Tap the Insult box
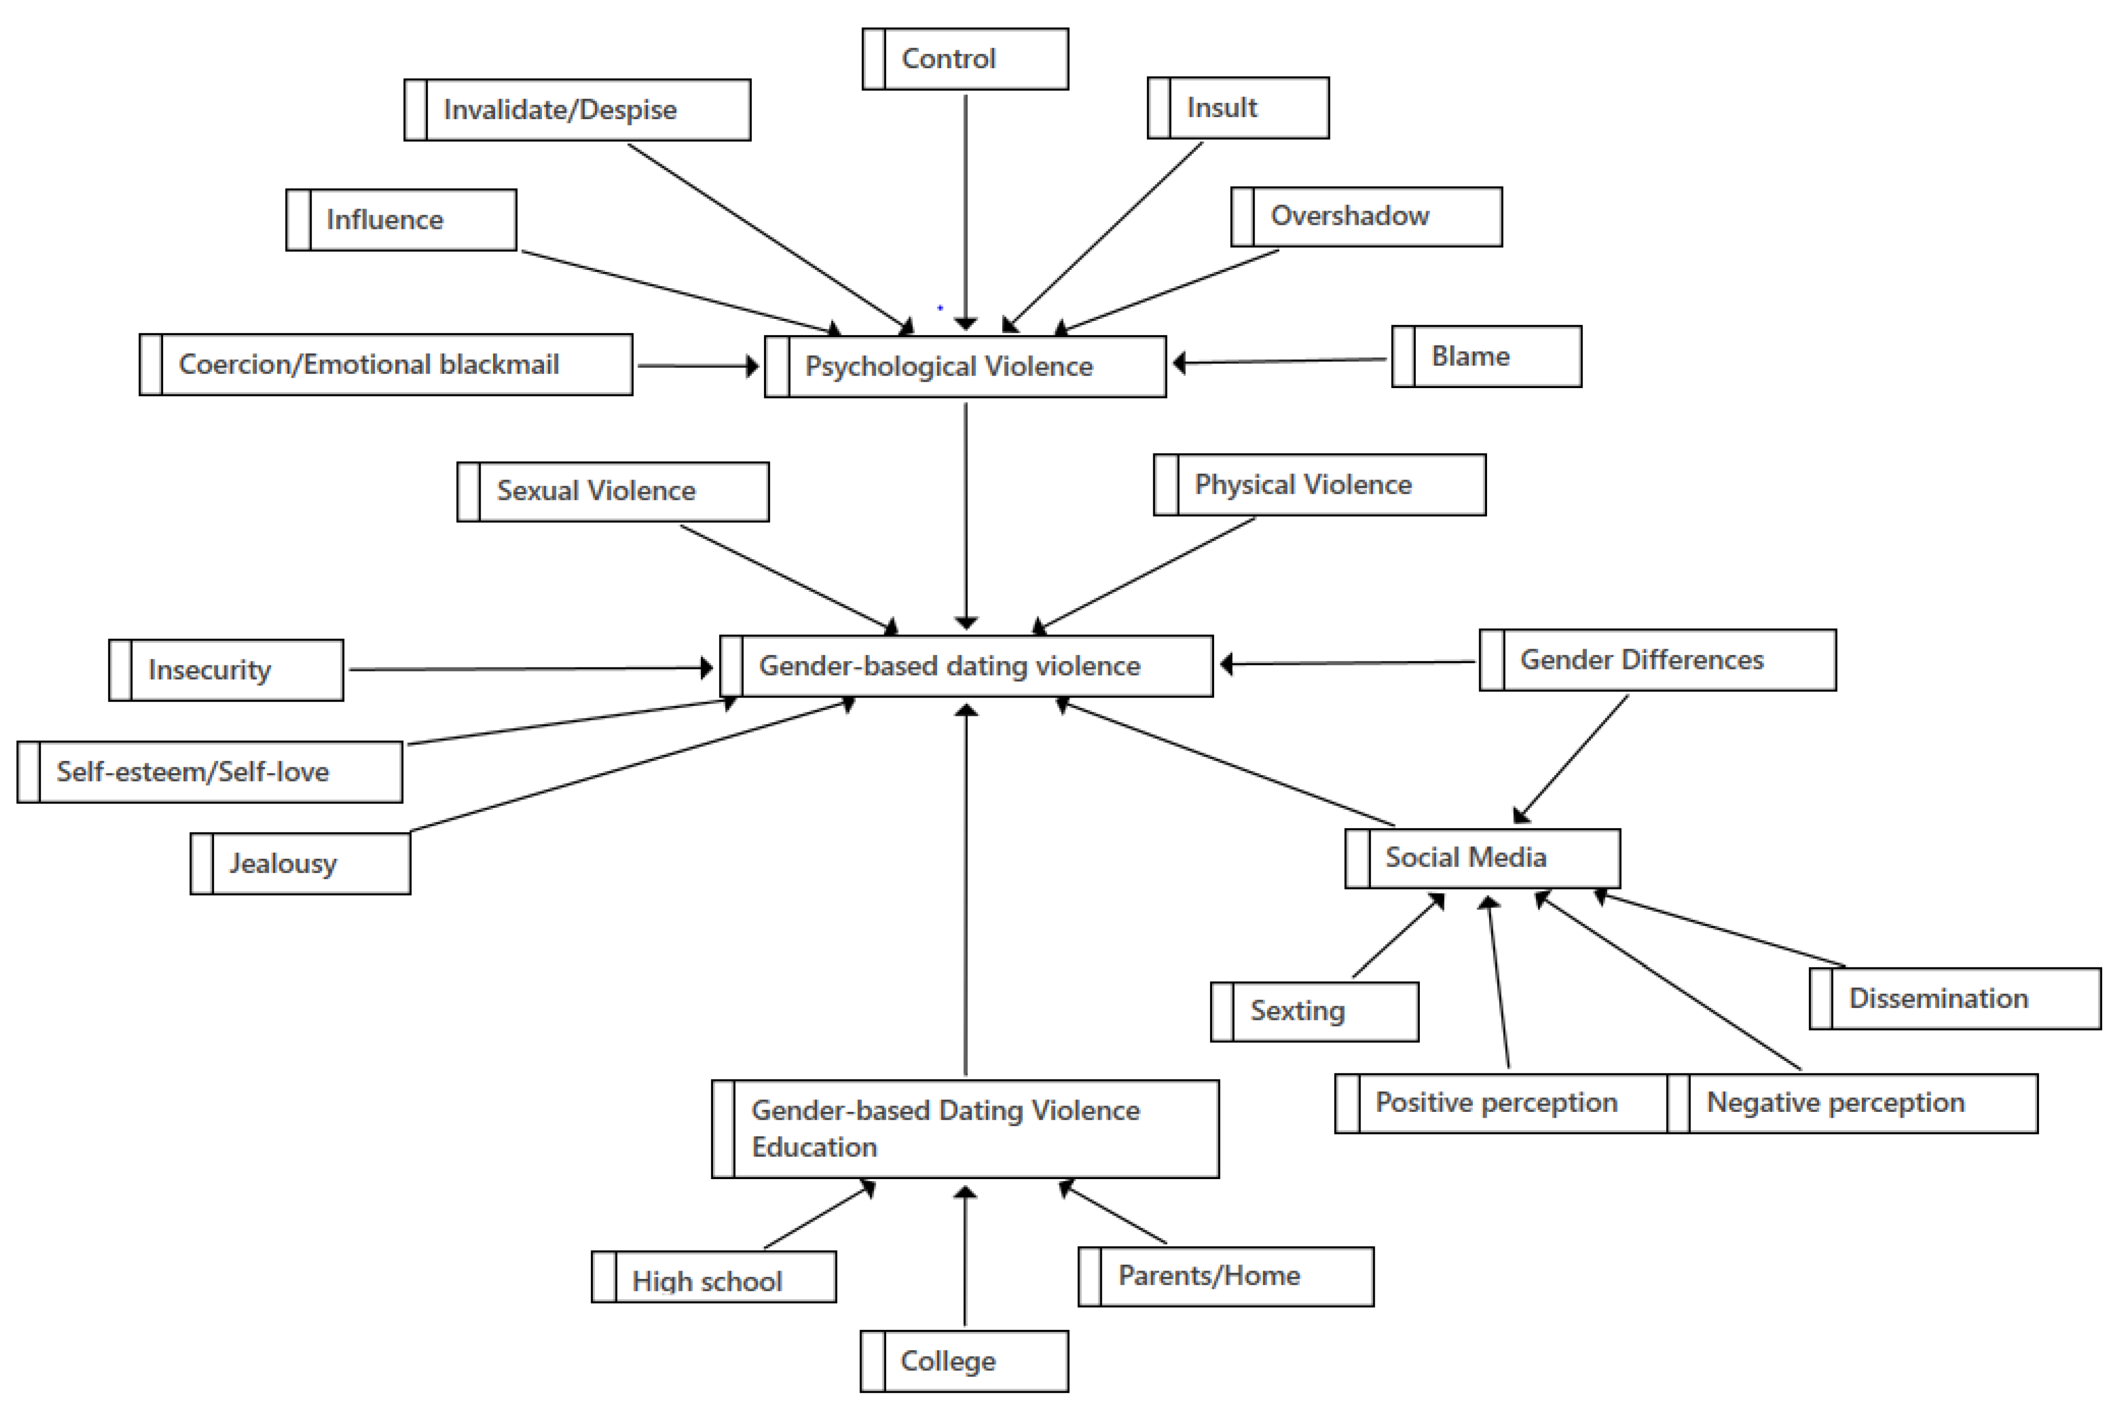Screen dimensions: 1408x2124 point(1238,108)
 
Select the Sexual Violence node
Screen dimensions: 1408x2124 point(613,491)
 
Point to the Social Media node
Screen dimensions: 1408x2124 point(1482,858)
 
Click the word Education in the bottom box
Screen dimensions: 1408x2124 point(813,1147)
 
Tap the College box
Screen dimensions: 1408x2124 point(964,1362)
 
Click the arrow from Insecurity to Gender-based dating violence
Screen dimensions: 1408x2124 point(530,669)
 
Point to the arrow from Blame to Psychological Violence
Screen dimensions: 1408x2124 point(1280,361)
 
